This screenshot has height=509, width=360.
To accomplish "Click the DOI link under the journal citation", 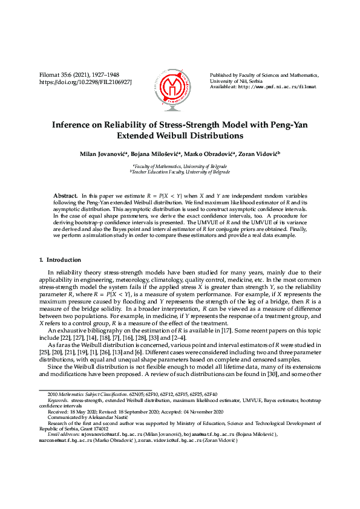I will pos(85,81).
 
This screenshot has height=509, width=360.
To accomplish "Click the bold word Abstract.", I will pos(65,196).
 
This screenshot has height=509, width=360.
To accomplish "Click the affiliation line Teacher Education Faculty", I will pos(180,172).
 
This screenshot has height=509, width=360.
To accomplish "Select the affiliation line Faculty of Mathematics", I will pos(180,166).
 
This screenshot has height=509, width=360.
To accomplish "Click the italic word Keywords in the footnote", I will pos(57,400).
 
